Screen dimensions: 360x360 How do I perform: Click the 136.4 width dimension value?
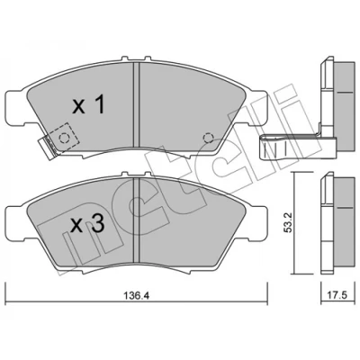pos(137,296)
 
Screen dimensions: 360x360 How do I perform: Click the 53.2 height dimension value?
pos(288,222)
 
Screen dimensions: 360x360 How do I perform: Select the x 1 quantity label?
pos(89,105)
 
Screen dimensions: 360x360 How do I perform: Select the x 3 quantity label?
pos(87,224)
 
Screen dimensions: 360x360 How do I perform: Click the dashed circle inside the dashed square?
pos(64,139)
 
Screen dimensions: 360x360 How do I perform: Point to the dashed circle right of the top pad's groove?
pos(208,138)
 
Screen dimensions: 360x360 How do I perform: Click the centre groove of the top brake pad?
pos(137,104)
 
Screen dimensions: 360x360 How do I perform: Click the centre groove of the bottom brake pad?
pos(137,220)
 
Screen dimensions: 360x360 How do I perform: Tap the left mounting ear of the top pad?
pos(16,107)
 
